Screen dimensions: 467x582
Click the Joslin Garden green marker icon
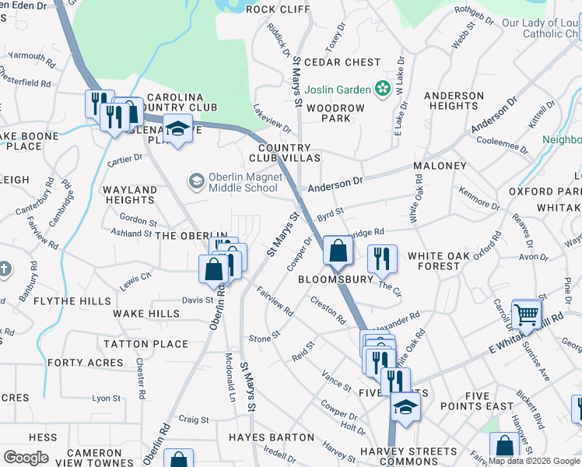[x=382, y=90]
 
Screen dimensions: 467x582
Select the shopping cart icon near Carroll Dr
[x=527, y=313]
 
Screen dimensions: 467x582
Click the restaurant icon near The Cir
[x=381, y=258]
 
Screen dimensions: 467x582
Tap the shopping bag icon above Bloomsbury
[x=338, y=251]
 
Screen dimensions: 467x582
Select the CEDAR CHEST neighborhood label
[x=342, y=62]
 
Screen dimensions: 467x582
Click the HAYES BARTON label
[x=270, y=437]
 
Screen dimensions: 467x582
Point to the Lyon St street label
[x=107, y=398]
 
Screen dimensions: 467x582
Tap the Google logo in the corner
[x=26, y=457]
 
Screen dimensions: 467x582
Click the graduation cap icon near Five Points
[x=405, y=406]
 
